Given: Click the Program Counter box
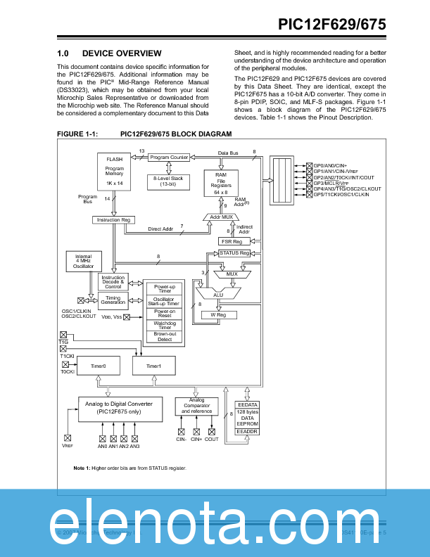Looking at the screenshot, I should [169, 158].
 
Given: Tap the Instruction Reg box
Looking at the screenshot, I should [113, 220].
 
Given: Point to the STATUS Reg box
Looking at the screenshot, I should [234, 253].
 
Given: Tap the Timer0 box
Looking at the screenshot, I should [99, 366].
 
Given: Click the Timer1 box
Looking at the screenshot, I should [153, 366].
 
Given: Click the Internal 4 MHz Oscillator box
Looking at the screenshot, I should [83, 262].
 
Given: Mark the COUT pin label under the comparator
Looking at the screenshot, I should [212, 440].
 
